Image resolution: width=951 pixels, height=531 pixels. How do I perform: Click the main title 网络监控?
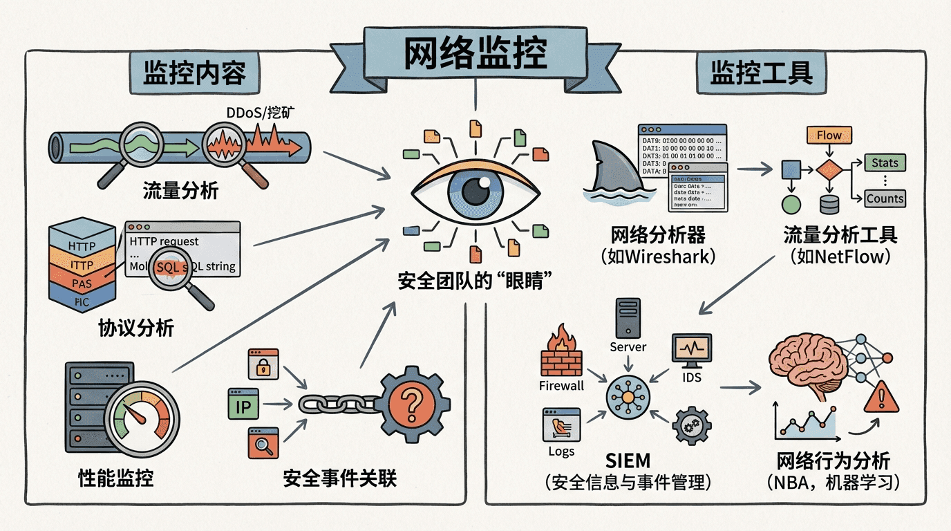coord(475,53)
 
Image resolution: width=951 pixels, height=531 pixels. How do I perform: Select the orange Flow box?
coord(829,136)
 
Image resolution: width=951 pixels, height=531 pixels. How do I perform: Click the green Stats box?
coord(885,163)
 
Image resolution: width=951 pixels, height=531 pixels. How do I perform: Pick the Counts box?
coord(885,198)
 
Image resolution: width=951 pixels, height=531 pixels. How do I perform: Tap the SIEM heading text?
coord(628,460)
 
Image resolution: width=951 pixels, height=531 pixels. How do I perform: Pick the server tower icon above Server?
coord(628,319)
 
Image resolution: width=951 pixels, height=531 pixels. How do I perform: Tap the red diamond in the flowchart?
coord(829,169)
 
